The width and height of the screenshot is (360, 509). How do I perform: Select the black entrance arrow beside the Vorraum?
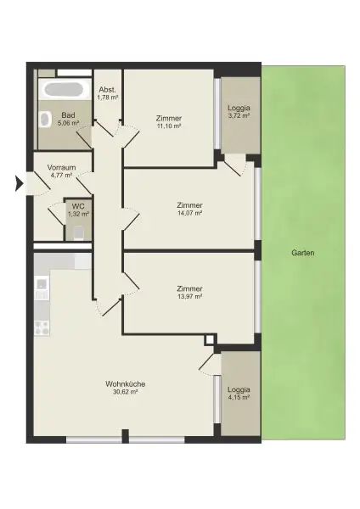tap(20, 182)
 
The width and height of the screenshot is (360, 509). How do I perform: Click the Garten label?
tap(303, 253)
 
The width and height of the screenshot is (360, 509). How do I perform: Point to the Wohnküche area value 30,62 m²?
tap(126, 393)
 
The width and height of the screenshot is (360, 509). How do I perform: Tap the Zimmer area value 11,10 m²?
tap(170, 126)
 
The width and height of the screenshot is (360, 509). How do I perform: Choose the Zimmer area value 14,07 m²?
tap(189, 214)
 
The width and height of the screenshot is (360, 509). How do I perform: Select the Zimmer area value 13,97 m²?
tap(189, 297)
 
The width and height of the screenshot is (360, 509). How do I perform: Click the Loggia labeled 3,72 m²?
tap(239, 115)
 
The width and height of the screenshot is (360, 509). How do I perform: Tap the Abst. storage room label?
tap(107, 90)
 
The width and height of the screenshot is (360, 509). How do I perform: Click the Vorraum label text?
tap(62, 167)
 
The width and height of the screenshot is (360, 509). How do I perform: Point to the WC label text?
tap(77, 205)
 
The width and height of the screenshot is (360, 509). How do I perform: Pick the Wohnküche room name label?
tap(126, 383)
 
